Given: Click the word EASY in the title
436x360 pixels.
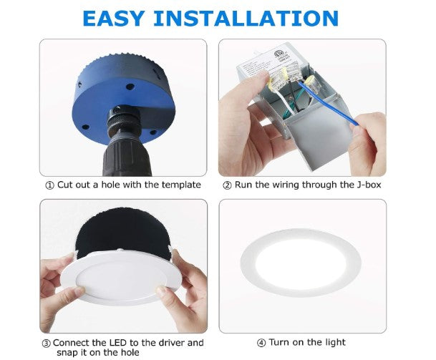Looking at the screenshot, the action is click(113, 19).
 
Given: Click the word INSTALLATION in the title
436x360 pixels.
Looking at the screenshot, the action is click(246, 19).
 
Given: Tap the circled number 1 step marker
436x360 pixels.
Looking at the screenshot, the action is click(49, 185).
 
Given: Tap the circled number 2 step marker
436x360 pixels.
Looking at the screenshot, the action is click(227, 185).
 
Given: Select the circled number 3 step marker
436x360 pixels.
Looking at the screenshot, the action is click(46, 344).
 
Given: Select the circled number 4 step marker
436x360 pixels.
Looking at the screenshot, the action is click(261, 344).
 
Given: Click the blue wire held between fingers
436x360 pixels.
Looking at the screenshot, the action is click(328, 103).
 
